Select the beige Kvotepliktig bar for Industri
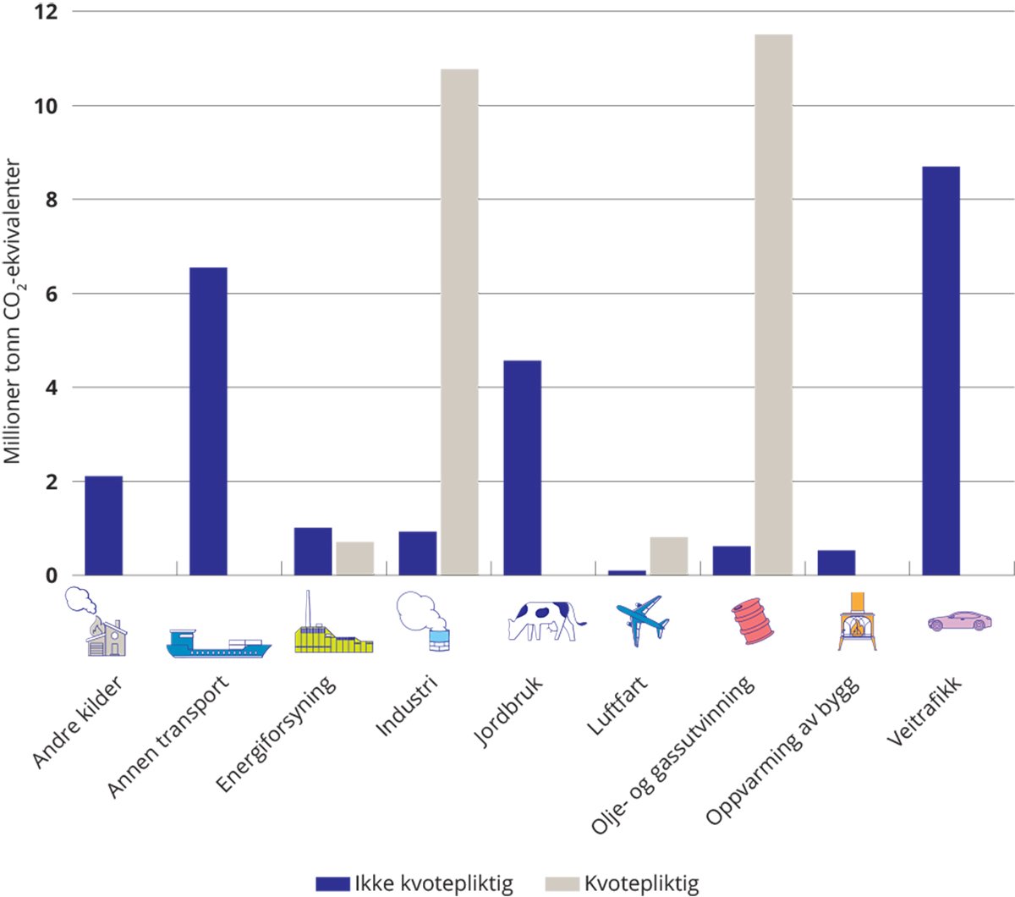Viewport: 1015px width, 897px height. pyautogui.click(x=459, y=322)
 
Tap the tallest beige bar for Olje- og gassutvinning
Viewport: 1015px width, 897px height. pyautogui.click(x=773, y=305)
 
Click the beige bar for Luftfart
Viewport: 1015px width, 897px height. pyautogui.click(x=669, y=556)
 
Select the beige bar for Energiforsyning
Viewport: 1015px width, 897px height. pyautogui.click(x=355, y=559)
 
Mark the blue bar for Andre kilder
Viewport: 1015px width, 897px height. pyautogui.click(x=103, y=526)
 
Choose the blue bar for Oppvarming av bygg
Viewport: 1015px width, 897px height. pyautogui.click(x=837, y=563)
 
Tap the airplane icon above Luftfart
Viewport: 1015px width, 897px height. pyautogui.click(x=643, y=620)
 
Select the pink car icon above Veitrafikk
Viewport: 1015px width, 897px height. pyautogui.click(x=959, y=621)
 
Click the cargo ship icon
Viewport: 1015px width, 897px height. pyautogui.click(x=218, y=644)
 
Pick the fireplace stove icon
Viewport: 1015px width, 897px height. pyautogui.click(x=857, y=622)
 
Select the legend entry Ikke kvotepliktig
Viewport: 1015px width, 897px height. pyautogui.click(x=414, y=883)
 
